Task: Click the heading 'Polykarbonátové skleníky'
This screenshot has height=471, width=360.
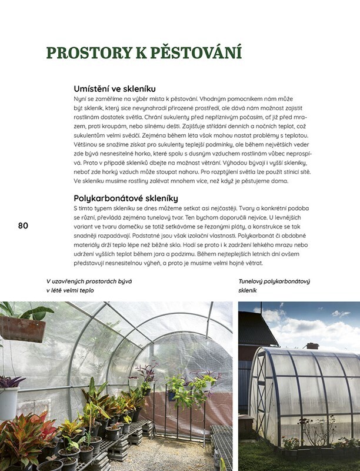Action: (x=125, y=198)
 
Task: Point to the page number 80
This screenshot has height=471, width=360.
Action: (x=24, y=225)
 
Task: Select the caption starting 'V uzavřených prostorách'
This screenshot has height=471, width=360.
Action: (x=88, y=286)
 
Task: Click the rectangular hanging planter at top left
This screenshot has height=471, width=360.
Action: (x=22, y=328)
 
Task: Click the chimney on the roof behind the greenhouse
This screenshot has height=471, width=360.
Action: (x=312, y=346)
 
